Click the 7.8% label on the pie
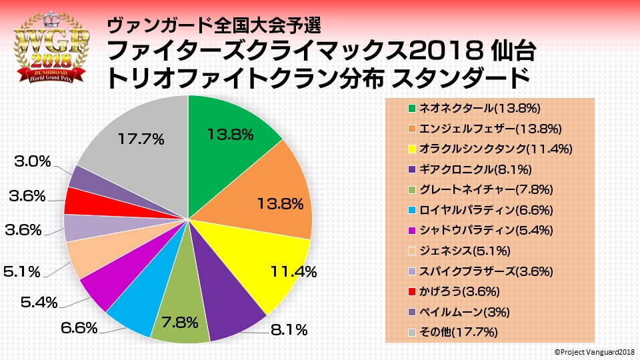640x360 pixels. pyautogui.click(x=180, y=323)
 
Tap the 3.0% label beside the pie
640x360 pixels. pyautogui.click(x=29, y=161)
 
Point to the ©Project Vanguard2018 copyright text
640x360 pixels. pyautogui.click(x=592, y=351)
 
